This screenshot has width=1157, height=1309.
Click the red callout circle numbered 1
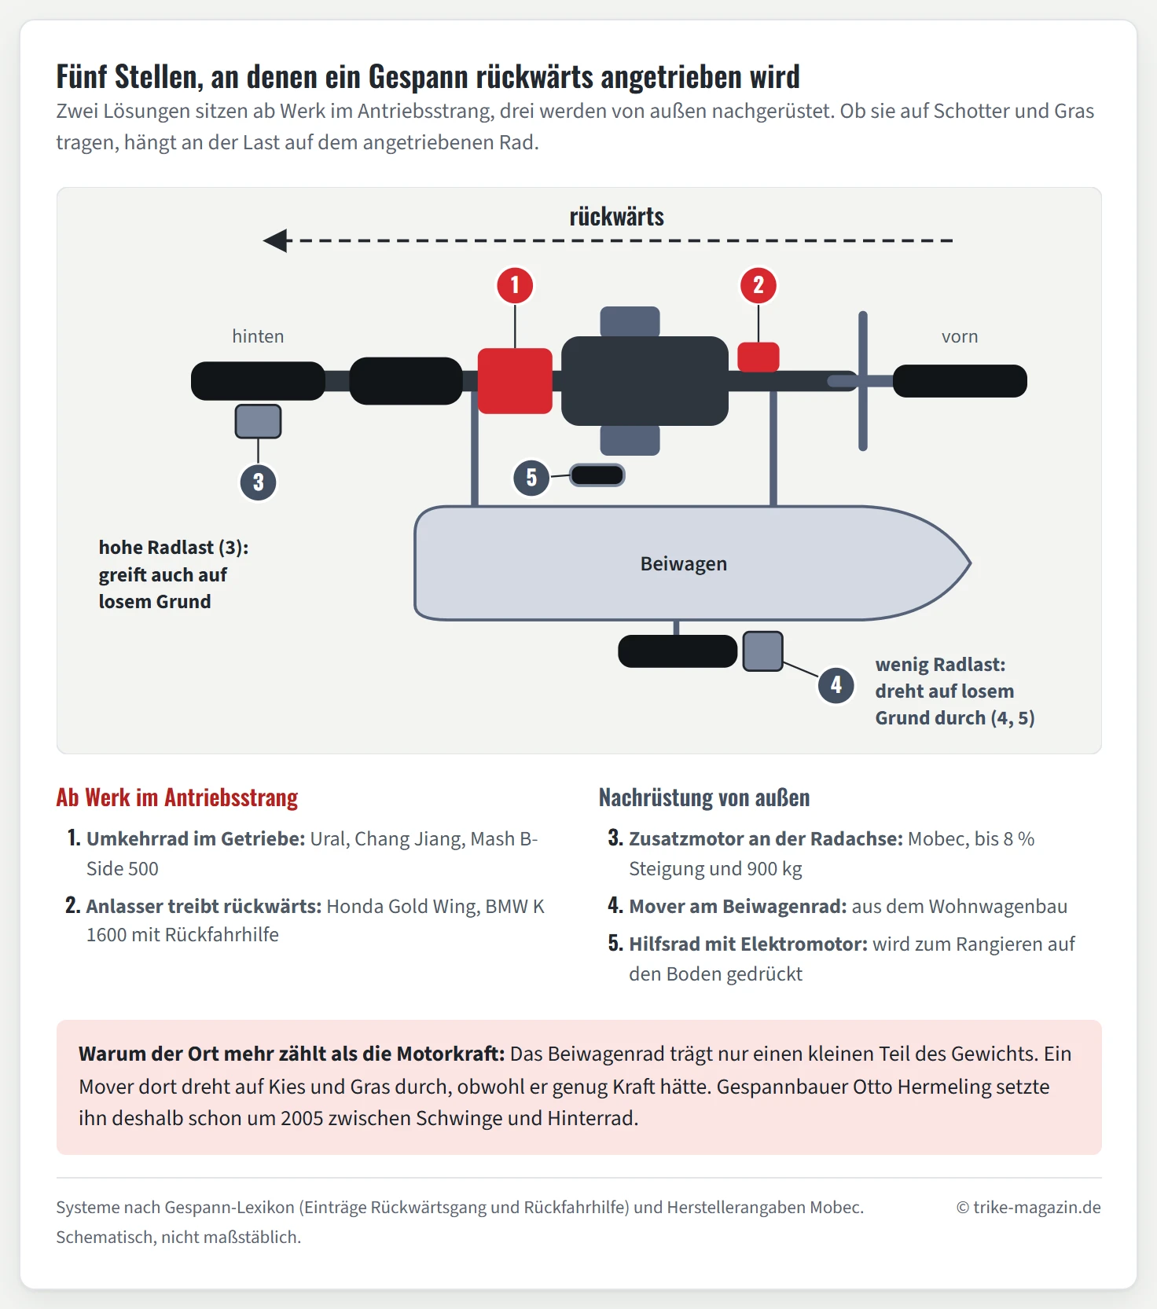click(x=515, y=284)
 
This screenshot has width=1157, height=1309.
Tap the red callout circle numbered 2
click(x=758, y=284)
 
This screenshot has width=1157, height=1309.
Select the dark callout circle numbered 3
click(x=258, y=482)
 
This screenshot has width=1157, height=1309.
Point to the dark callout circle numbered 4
click(x=836, y=685)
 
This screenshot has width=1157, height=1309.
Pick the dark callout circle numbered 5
click(x=531, y=477)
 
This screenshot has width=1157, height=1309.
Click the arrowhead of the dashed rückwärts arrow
click(x=275, y=240)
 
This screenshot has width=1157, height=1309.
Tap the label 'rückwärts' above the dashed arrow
click(x=617, y=216)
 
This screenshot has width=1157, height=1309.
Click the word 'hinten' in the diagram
click(x=258, y=336)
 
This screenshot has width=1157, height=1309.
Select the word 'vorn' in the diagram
click(x=960, y=336)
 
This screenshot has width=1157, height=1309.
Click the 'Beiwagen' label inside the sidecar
click(x=684, y=563)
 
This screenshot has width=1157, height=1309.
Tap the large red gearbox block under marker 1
click(x=515, y=381)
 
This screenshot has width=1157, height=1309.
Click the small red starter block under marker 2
click(x=758, y=357)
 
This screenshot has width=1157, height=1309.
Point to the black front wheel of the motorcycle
click(x=960, y=381)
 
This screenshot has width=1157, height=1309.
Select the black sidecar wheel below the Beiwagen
click(x=678, y=651)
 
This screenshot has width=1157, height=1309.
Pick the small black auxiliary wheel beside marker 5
click(x=597, y=475)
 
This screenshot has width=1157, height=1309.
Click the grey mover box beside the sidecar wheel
click(x=762, y=651)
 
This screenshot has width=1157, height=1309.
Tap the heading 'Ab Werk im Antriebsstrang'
click(x=177, y=797)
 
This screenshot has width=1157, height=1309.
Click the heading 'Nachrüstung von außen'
click(x=704, y=797)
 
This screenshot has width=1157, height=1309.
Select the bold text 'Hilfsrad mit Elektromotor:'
click(x=748, y=944)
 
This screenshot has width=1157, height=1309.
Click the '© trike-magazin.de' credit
click(x=1028, y=1208)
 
